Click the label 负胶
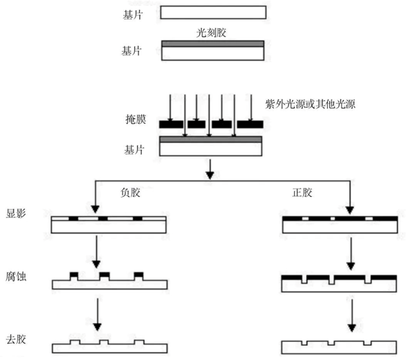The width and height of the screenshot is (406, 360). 130,192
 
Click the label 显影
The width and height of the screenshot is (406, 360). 17,215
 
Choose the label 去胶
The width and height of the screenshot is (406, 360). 17,339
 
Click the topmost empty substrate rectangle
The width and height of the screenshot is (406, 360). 213,12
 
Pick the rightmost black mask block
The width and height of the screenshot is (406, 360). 249,123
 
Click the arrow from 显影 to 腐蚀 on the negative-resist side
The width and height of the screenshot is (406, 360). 97,251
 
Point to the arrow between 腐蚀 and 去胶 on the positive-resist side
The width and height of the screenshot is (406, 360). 352,314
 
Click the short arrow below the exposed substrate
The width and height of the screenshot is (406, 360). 210,167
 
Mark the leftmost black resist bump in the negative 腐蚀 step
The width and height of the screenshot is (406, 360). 74,274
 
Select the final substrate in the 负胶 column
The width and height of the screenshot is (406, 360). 109,346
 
